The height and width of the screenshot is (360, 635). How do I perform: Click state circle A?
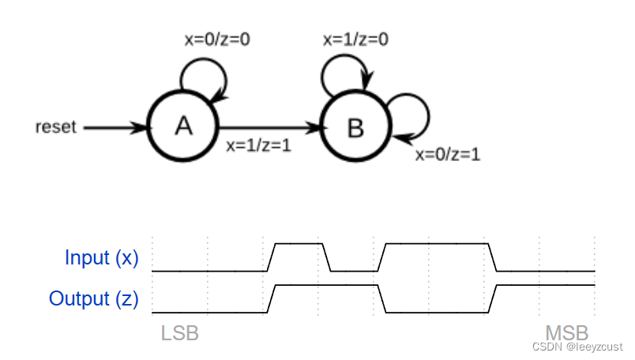point(183,126)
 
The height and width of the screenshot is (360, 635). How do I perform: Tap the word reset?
point(55,126)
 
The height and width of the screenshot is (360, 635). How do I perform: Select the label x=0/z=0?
point(216,39)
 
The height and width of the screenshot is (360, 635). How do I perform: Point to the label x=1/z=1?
point(258,145)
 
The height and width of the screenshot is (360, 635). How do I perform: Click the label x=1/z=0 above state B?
point(355,38)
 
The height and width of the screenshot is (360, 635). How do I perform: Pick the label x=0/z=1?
point(448,155)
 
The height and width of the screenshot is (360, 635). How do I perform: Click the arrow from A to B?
point(269,126)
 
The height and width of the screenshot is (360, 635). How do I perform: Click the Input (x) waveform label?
point(101,258)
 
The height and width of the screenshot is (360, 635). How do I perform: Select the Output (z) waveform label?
point(93,299)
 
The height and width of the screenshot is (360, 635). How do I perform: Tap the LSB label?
point(179,333)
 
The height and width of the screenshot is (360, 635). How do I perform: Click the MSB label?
point(566,332)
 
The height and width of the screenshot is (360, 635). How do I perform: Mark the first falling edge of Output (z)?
point(382,298)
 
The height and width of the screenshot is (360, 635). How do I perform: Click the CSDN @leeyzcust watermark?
point(577,347)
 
